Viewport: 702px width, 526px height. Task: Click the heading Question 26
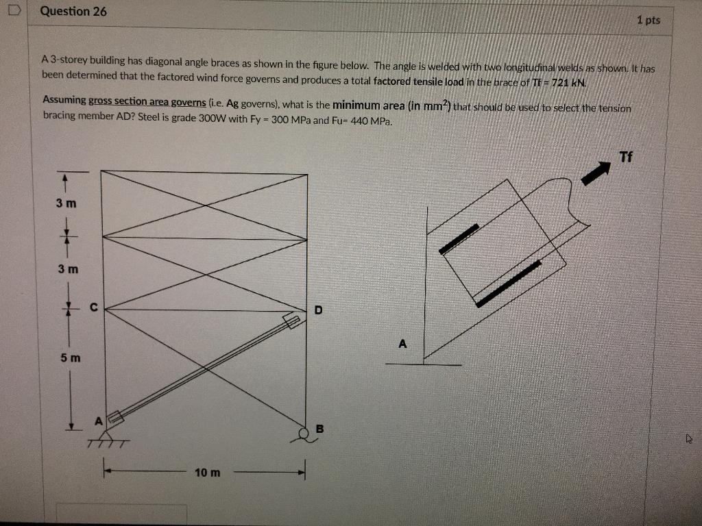(x=73, y=12)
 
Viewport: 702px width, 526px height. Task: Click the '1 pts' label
(x=648, y=20)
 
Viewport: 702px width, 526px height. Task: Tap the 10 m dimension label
(x=208, y=473)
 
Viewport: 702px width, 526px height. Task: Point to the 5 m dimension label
(x=69, y=358)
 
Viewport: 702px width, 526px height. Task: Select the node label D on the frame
(x=318, y=310)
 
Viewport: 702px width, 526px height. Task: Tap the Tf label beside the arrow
(x=625, y=157)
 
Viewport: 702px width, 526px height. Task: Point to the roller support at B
(x=304, y=432)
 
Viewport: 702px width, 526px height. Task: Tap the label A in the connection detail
(x=402, y=343)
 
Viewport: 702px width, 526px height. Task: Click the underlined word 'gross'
(x=101, y=101)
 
